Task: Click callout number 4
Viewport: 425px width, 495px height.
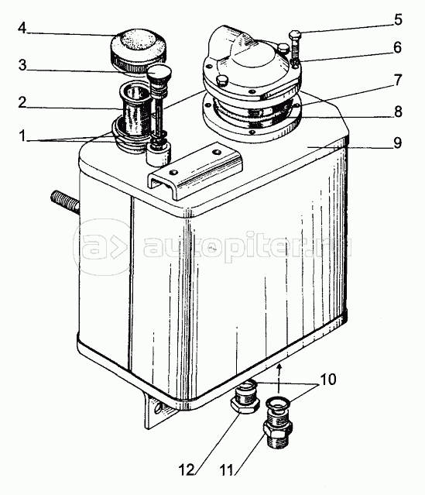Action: (22, 29)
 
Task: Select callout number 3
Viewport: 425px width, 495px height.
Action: (22, 65)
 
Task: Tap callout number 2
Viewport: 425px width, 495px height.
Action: (22, 102)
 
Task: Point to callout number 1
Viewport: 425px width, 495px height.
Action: (22, 136)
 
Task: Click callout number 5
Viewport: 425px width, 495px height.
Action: (398, 19)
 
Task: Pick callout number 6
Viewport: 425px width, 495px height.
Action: (398, 47)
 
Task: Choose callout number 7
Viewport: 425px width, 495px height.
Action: (398, 80)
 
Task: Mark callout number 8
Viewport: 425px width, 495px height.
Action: (398, 111)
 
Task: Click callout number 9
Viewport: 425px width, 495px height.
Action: (398, 143)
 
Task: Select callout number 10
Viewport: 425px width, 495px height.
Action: (328, 379)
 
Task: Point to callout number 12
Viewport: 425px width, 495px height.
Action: (187, 469)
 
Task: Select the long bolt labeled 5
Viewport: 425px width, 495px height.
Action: (295, 48)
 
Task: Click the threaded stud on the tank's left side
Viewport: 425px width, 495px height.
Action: (65, 202)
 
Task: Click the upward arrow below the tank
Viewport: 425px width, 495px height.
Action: (279, 378)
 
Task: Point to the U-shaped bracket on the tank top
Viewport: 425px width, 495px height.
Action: (194, 170)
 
